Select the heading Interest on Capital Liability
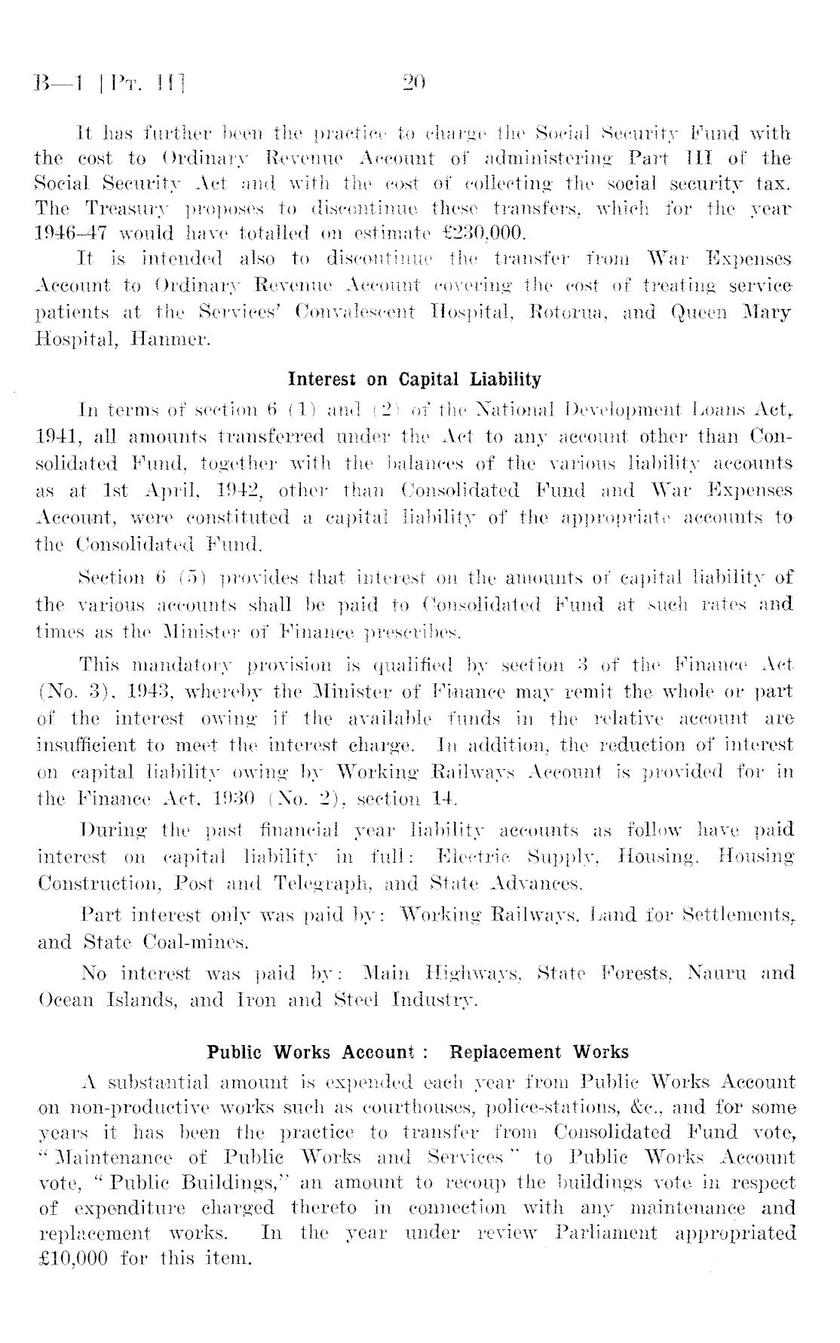click(x=415, y=379)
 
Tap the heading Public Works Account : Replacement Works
click(x=418, y=1051)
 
